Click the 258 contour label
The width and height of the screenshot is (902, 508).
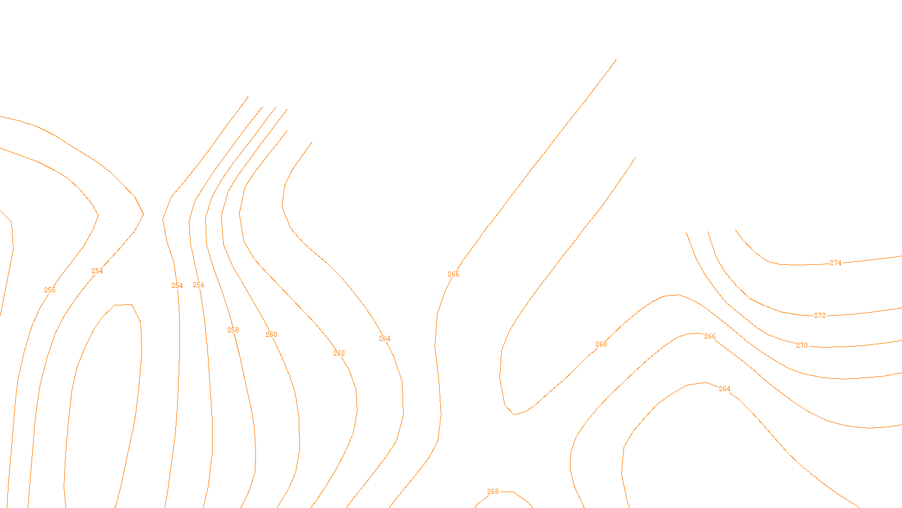click(x=233, y=330)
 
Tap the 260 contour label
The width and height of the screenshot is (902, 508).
click(x=271, y=335)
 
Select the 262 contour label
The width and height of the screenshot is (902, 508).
click(x=339, y=353)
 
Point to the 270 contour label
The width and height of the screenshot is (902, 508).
click(x=802, y=345)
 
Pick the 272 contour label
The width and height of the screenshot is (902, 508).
click(x=820, y=316)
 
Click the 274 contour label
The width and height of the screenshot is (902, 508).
click(x=835, y=263)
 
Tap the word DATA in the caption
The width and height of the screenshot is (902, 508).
click(x=476, y=500)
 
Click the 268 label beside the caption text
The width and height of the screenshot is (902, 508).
click(x=493, y=492)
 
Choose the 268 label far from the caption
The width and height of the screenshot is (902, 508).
click(x=601, y=344)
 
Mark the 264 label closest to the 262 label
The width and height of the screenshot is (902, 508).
click(x=384, y=339)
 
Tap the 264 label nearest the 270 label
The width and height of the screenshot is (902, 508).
click(x=724, y=389)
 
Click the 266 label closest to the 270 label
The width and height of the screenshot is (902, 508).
click(x=710, y=336)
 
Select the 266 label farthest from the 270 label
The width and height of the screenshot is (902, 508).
click(x=453, y=274)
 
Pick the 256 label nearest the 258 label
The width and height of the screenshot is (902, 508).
click(x=198, y=285)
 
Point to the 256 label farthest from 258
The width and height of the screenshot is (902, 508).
click(x=50, y=290)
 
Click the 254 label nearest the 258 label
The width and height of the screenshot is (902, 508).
click(x=177, y=286)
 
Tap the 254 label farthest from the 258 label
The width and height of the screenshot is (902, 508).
click(x=97, y=271)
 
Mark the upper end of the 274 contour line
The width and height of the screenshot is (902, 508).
click(x=736, y=230)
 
